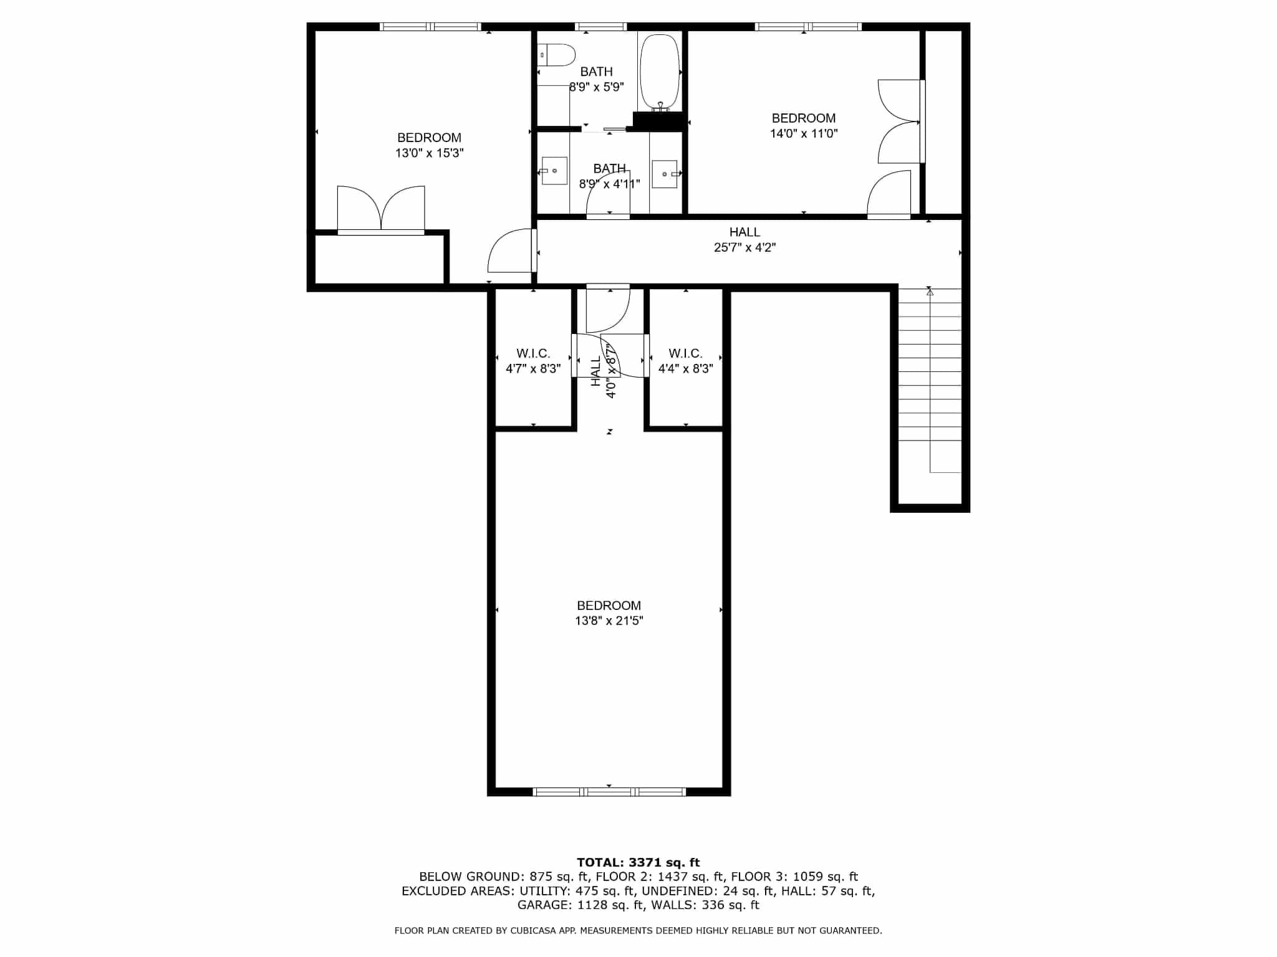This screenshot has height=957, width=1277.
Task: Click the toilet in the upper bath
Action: coord(556,55)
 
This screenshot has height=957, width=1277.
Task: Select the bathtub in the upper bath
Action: coord(660,72)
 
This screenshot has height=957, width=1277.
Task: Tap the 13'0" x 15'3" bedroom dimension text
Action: coord(430,153)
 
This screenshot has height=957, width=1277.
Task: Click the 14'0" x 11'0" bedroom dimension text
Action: coord(804,133)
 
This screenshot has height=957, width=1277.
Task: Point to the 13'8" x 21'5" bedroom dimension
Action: coord(609,621)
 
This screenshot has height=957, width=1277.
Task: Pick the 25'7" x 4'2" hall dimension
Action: coord(745,247)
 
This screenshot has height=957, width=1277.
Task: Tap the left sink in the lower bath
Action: coord(554,171)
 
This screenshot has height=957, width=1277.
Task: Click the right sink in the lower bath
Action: coord(665,174)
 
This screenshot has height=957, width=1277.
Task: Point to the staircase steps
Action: coord(930,380)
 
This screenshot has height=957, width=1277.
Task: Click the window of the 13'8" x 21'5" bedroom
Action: coord(609,792)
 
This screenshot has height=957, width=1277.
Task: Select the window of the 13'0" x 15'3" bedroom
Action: coord(430,27)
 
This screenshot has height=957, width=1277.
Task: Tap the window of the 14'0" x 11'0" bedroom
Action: coord(808,27)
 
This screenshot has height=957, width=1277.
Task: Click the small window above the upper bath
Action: coord(601,27)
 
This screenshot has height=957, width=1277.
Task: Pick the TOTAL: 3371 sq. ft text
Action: coord(638,862)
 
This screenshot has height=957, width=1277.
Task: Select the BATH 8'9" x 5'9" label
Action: coord(597,79)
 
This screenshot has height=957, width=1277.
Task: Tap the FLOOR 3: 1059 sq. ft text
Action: coord(794,877)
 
